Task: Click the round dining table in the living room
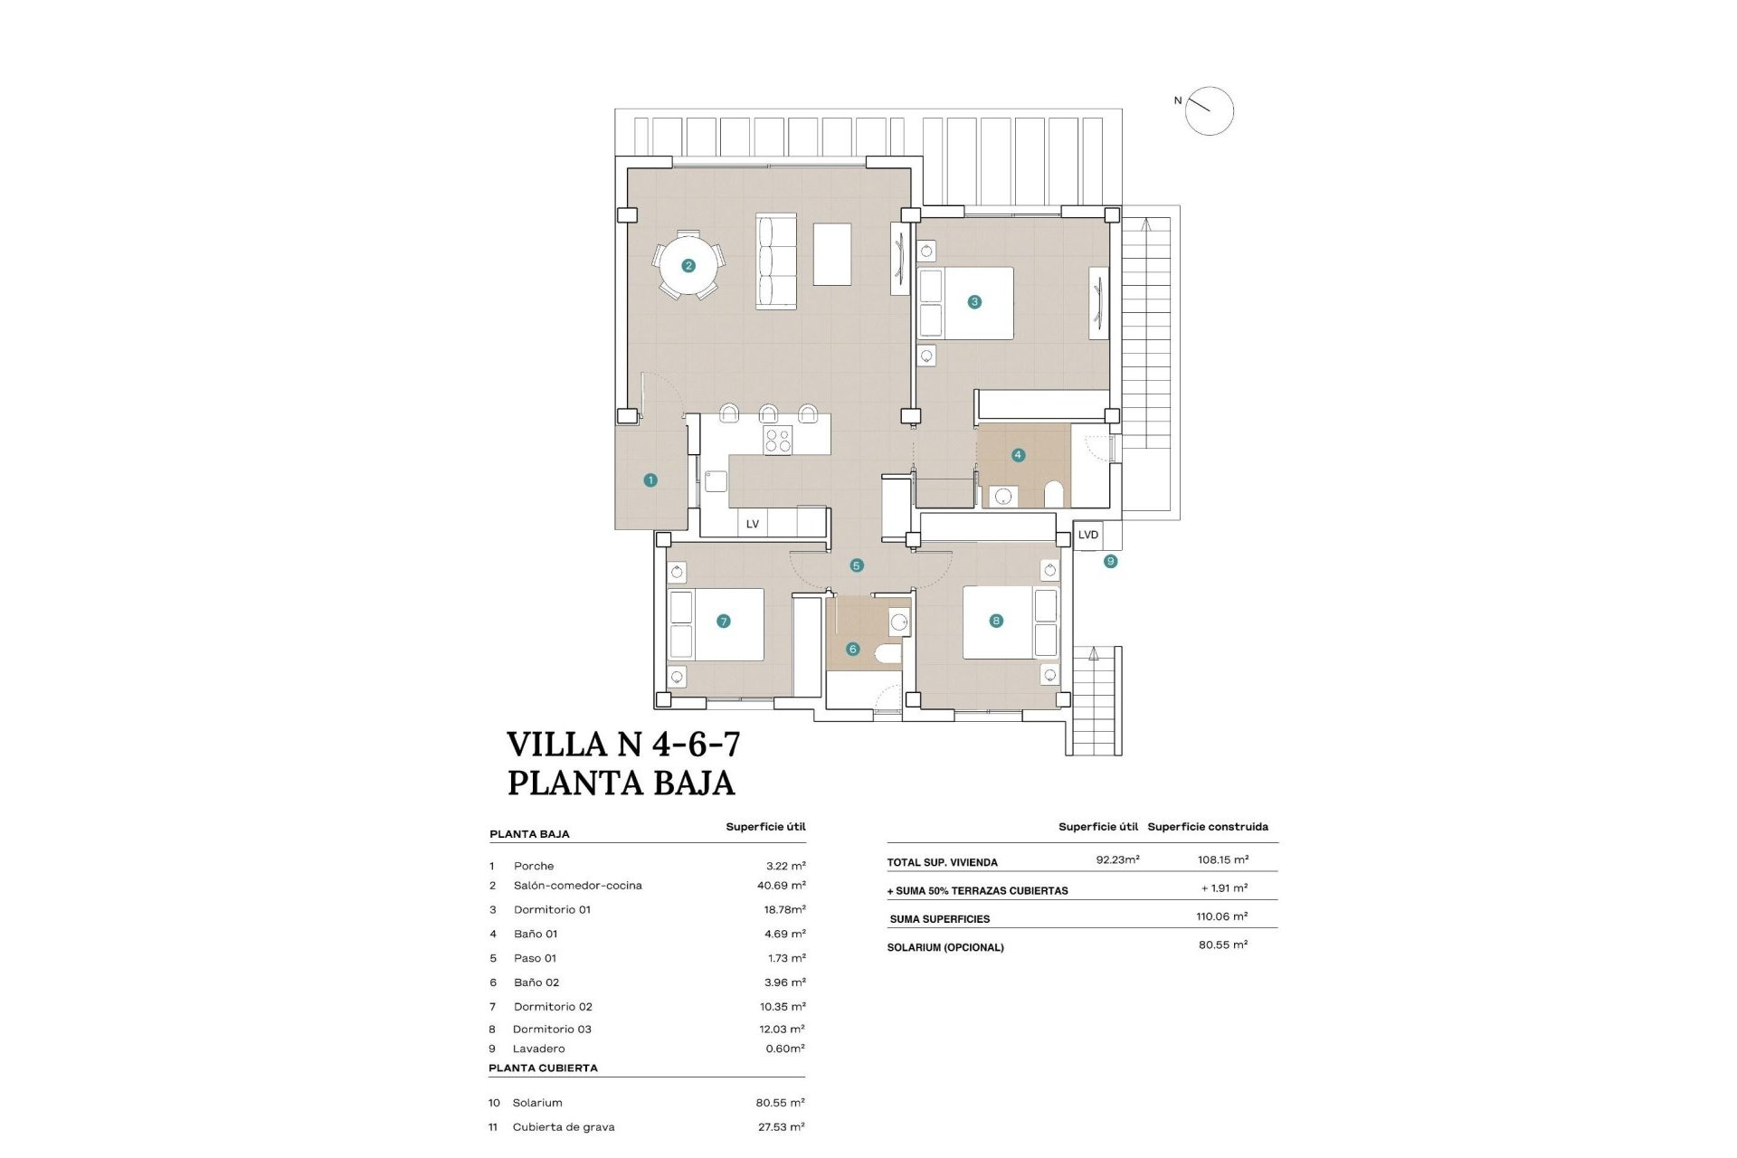coord(688,266)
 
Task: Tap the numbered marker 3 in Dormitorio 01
coord(974,302)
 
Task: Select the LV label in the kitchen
coord(752,524)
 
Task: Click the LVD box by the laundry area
coord(1087,535)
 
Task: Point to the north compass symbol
coord(1209,111)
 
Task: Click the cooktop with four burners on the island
coord(778,441)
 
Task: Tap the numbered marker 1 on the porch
coord(650,480)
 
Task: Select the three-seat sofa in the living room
coord(776,261)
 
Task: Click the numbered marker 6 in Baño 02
coord(852,649)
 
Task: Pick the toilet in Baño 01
coord(1054,494)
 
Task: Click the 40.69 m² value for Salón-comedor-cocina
coord(781,886)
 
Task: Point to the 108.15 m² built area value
coord(1223,859)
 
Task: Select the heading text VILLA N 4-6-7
coord(623,745)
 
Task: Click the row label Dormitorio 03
coord(552,1029)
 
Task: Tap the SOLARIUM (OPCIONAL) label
coord(945,947)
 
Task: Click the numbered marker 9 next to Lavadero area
coord(1110,562)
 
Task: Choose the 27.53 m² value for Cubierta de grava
coord(781,1126)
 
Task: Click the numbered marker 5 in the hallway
coord(857,565)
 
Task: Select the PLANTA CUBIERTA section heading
coord(543,1068)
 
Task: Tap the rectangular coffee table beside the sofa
coord(832,254)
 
